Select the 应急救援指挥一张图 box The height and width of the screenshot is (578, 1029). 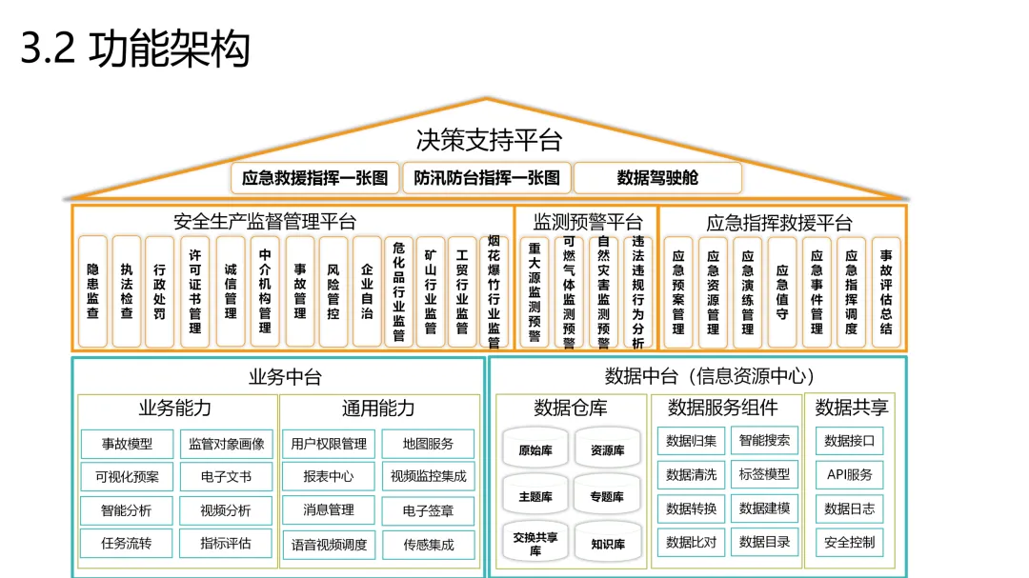(315, 177)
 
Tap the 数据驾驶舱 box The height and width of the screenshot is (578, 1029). (657, 177)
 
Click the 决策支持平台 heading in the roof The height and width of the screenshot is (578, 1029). (490, 141)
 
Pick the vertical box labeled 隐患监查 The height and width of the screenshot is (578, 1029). (92, 290)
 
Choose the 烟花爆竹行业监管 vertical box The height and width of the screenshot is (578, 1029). (494, 290)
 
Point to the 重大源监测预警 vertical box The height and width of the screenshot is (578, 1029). (535, 290)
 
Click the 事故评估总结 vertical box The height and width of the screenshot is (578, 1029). (886, 290)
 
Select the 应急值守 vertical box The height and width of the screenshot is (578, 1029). (782, 290)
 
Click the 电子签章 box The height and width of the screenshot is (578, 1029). (429, 510)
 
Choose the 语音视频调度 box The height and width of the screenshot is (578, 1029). (329, 545)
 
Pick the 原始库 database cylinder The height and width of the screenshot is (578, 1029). (535, 450)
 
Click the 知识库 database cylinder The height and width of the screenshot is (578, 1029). (607, 544)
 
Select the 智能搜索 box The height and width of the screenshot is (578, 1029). (765, 440)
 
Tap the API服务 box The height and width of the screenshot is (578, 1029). (849, 474)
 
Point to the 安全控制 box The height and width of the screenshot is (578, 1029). (849, 543)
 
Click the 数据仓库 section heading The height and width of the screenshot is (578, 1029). (571, 408)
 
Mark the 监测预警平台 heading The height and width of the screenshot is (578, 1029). (587, 223)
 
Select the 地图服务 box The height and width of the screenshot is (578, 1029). (429, 444)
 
